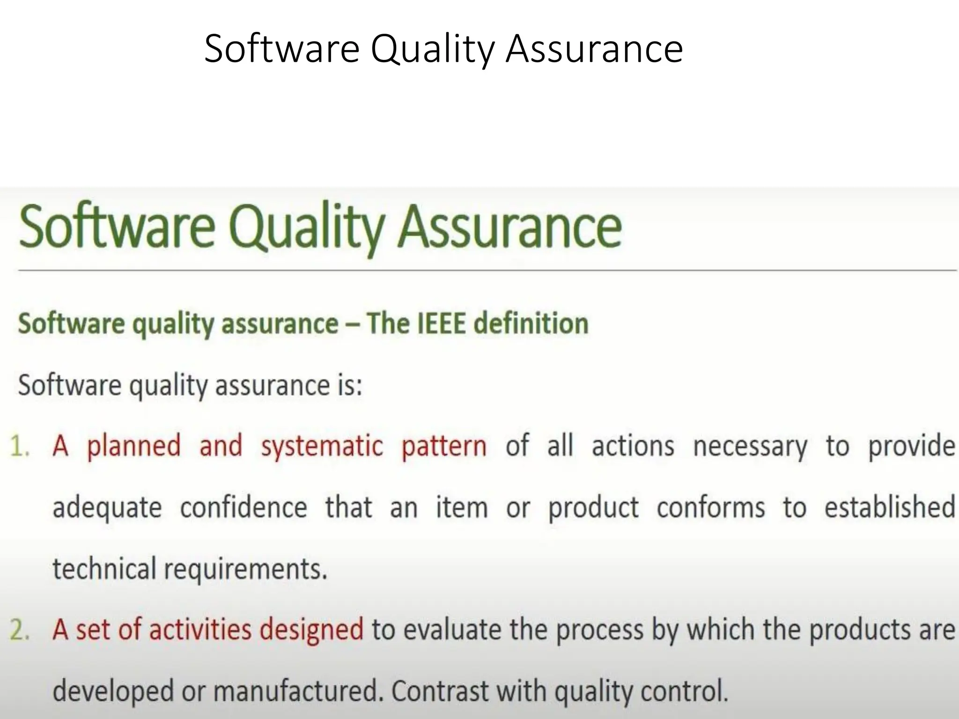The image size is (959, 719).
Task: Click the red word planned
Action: pos(133,446)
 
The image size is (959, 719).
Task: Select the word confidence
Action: pos(243,507)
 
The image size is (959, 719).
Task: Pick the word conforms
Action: pos(710,507)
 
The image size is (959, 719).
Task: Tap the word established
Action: pos(889,507)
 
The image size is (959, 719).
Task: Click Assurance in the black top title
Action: pos(594,49)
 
